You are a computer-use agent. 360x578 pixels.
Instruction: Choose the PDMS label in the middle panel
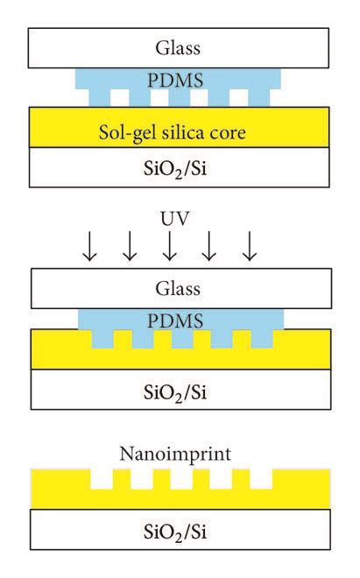pyautogui.click(x=180, y=319)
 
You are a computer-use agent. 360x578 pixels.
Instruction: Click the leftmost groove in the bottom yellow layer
pyautogui.click(x=101, y=479)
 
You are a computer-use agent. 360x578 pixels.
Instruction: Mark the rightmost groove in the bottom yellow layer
pyautogui.click(x=261, y=479)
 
